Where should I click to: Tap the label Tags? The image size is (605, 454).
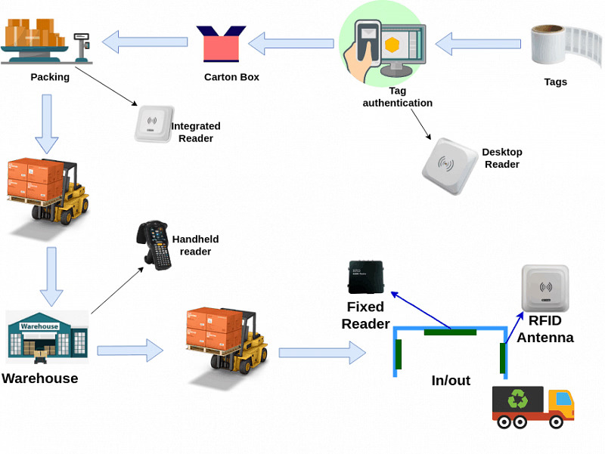(x=555, y=82)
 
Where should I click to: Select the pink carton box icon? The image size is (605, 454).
(x=221, y=45)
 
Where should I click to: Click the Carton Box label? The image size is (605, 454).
(x=231, y=77)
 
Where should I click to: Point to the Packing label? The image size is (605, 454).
(x=50, y=77)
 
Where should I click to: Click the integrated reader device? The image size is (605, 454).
(x=152, y=123)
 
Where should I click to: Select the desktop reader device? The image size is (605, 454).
(x=451, y=165)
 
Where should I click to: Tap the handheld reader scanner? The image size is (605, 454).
(x=154, y=246)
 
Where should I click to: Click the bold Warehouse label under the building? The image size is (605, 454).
(x=40, y=378)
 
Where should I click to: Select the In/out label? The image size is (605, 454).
(x=451, y=381)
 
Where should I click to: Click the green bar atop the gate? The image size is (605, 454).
(x=450, y=332)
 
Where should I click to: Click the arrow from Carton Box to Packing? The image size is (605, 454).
(x=144, y=42)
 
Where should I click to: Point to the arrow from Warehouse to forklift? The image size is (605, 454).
(x=129, y=351)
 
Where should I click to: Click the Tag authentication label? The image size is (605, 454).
(x=398, y=97)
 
